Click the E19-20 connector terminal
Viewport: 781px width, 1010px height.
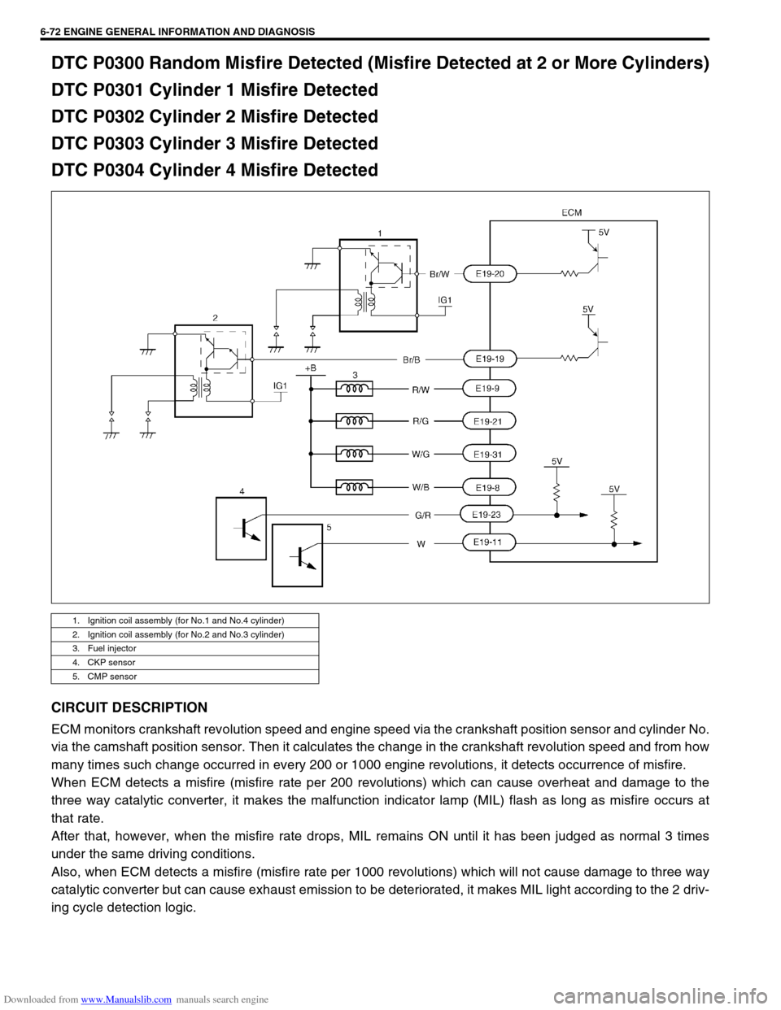coord(491,274)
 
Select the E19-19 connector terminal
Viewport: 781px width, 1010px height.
coord(491,359)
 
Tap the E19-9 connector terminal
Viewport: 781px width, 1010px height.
coord(489,389)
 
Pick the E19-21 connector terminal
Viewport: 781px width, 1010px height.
coord(489,421)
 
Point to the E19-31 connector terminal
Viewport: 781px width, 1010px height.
coord(489,454)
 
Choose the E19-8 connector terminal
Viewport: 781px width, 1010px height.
coord(489,488)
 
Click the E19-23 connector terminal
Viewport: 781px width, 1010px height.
coord(486,515)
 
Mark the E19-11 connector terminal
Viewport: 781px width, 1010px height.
coord(489,542)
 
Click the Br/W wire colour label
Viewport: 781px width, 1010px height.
coord(439,274)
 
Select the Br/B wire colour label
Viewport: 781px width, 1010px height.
coord(412,359)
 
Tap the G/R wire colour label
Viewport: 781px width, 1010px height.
coord(423,515)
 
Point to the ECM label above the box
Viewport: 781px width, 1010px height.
coord(571,212)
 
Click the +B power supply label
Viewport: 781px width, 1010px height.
coord(311,368)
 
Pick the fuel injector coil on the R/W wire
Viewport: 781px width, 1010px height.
coord(354,389)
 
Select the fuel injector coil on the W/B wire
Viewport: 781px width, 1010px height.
coord(354,487)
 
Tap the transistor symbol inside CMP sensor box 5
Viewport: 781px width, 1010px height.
coord(303,556)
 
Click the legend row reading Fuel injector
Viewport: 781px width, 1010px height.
coord(185,648)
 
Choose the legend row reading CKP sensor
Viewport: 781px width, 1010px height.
coord(185,662)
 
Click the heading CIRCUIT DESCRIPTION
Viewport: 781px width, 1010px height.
coord(129,707)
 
